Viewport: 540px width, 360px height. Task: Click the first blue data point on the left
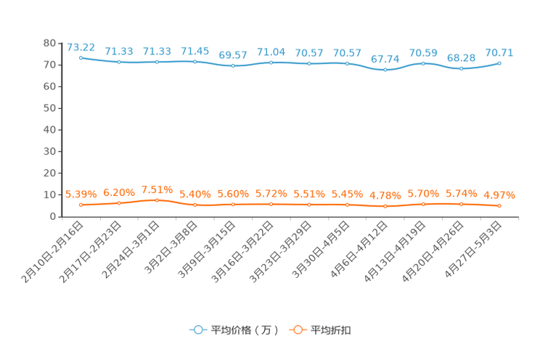tap(81, 57)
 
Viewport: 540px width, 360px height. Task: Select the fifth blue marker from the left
tap(232, 66)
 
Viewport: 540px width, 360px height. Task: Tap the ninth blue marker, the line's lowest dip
tap(385, 70)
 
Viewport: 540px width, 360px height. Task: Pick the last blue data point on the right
tap(499, 64)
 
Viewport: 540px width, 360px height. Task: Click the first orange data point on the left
tap(81, 205)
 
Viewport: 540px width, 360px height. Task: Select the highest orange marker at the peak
tap(157, 200)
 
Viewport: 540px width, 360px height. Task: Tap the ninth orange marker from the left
tap(385, 206)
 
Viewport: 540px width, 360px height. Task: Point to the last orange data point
tap(499, 205)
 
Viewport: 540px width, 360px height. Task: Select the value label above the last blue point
tap(499, 52)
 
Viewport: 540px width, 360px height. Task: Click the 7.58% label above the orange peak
tap(157, 190)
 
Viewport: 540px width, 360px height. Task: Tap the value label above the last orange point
tap(499, 195)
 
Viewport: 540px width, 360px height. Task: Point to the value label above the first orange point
tap(81, 194)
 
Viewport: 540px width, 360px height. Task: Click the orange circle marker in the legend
tap(298, 330)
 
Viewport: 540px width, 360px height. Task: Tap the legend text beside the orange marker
tap(332, 330)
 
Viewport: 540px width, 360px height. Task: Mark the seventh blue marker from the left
tap(309, 64)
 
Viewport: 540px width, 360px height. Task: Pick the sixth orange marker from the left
tap(271, 204)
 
